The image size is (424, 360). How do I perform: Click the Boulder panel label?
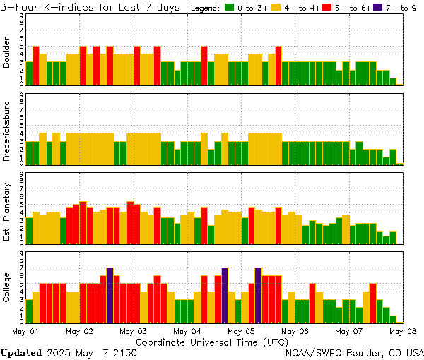click(x=7, y=54)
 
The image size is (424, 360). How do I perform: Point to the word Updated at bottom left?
click(x=20, y=352)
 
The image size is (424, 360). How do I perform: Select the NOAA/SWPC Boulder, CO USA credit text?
click(x=354, y=352)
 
